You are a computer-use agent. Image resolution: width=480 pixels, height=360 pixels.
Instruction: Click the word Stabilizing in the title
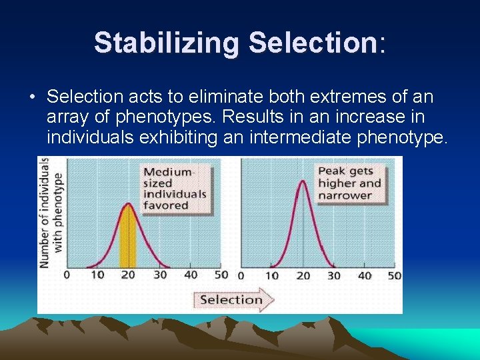point(167,43)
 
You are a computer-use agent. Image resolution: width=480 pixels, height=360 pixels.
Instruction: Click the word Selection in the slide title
point(313,43)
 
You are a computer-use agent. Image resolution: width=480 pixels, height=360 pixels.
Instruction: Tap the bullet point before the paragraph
point(32,98)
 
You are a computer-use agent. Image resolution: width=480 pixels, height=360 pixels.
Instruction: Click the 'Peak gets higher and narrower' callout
point(349,183)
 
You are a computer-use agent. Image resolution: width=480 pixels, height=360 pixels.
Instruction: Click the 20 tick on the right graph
point(303,275)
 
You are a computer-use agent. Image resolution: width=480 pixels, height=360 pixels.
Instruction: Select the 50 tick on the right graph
point(394,275)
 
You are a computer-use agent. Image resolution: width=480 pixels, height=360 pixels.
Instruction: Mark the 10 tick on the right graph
point(272,275)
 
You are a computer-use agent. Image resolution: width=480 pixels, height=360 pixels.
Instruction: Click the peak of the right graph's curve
point(303,182)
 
